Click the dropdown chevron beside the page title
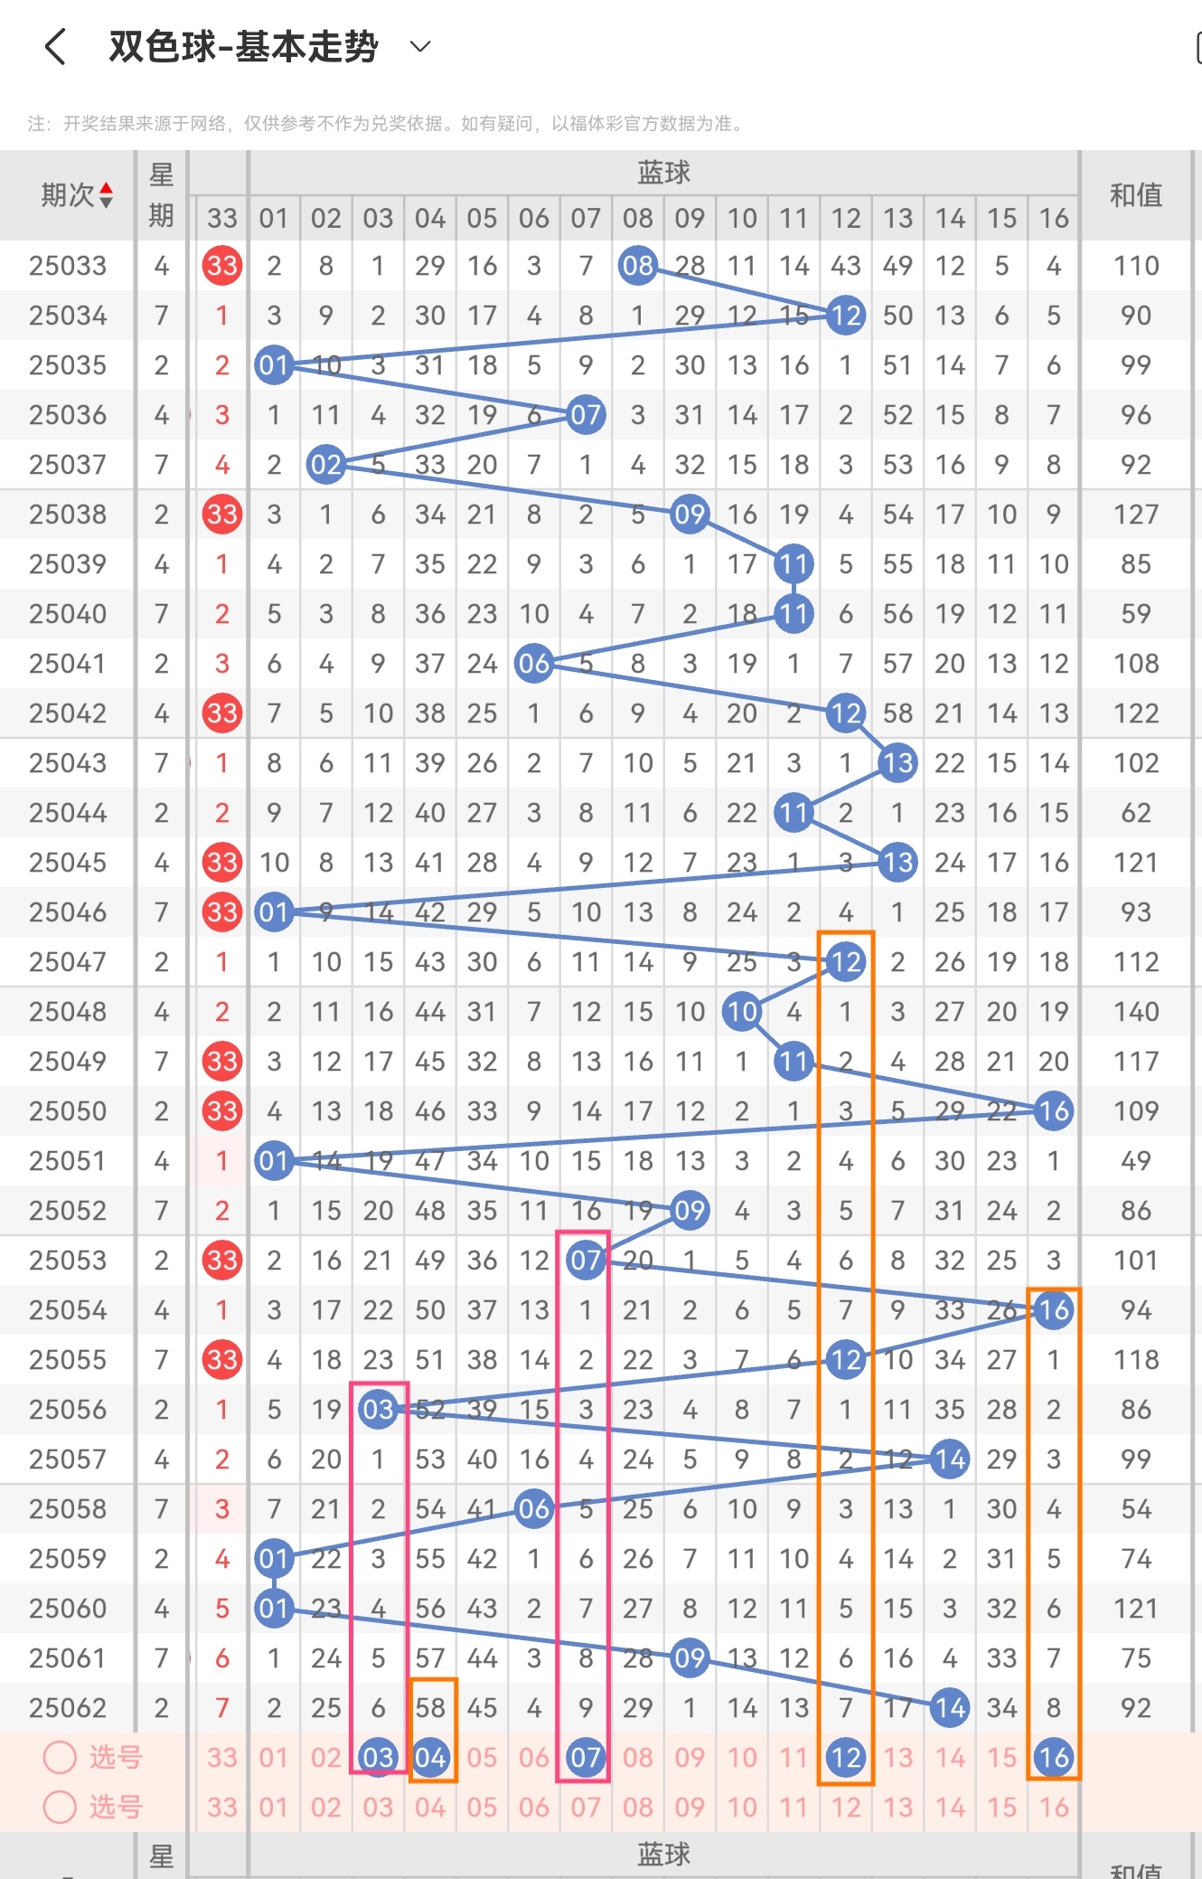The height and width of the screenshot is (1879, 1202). click(420, 46)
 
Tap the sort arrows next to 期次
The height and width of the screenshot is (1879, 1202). click(107, 194)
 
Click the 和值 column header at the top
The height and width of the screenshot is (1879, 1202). click(1135, 195)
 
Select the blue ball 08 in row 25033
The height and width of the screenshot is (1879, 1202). click(637, 266)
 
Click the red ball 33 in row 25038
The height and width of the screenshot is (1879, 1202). click(222, 515)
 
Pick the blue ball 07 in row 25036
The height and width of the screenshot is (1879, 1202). click(586, 415)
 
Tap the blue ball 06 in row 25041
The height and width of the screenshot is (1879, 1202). click(533, 664)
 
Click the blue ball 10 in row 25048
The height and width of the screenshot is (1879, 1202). click(741, 1012)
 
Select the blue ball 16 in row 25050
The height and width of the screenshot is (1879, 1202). click(1053, 1111)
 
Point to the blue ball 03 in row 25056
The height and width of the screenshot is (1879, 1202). click(378, 1410)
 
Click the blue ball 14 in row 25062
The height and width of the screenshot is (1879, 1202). click(950, 1708)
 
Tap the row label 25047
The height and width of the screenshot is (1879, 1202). click(68, 962)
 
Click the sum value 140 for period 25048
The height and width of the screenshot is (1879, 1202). click(1135, 1012)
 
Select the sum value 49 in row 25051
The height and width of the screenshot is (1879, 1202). click(1135, 1161)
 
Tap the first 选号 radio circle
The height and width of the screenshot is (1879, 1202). click(60, 1757)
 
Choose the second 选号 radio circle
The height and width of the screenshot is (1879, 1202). click(60, 1807)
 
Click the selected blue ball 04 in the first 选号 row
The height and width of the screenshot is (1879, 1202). click(430, 1758)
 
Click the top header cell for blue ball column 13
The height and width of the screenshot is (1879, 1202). click(897, 218)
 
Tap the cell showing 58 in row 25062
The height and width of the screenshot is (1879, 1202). click(430, 1708)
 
